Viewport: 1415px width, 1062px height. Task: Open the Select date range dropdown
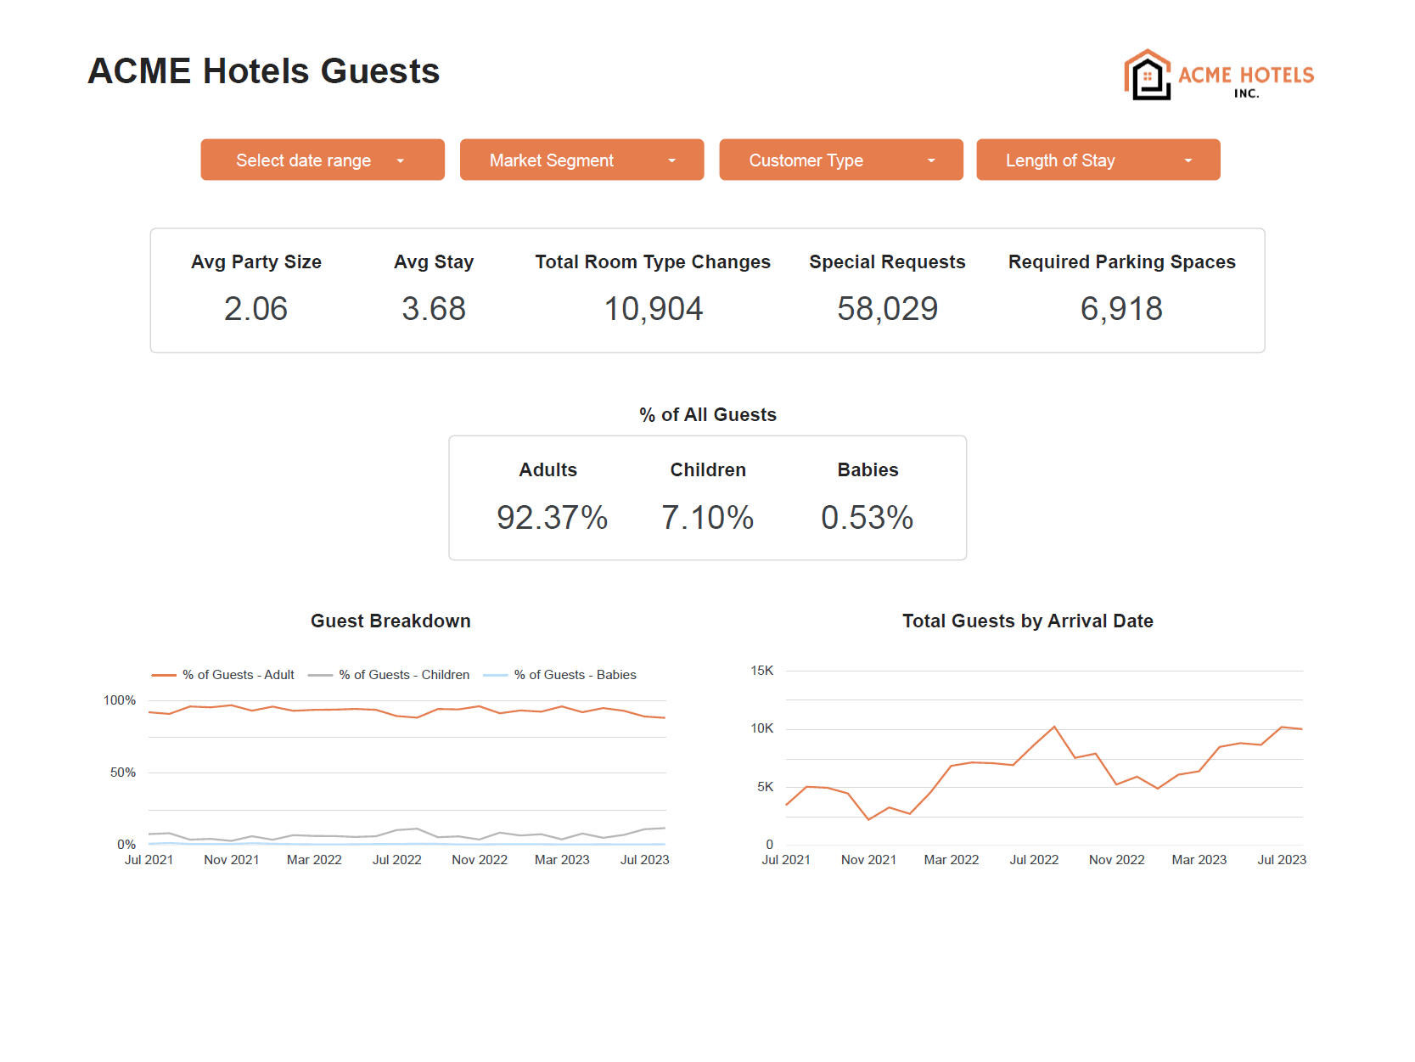322,160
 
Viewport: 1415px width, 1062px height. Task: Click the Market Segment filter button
581,160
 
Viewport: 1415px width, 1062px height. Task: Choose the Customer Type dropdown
840,160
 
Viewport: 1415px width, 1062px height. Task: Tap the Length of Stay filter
1098,160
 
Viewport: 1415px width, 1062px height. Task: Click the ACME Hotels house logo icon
1148,76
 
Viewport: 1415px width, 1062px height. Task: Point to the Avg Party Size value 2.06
255,309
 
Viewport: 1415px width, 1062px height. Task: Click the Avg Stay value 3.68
434,309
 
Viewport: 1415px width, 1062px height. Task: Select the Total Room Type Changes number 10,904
653,309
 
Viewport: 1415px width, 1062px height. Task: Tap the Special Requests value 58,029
887,309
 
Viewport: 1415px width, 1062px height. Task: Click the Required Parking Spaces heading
1121,262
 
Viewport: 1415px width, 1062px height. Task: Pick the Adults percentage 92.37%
552,518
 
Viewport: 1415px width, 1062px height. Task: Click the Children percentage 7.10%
707,518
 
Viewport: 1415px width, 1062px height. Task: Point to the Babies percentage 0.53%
867,518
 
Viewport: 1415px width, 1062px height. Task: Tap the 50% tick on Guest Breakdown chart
123,773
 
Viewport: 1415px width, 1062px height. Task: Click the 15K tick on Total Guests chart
761,671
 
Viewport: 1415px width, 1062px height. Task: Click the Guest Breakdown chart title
390,621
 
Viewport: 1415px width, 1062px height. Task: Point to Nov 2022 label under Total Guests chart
1116,860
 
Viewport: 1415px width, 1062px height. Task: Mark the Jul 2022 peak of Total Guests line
1054,727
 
